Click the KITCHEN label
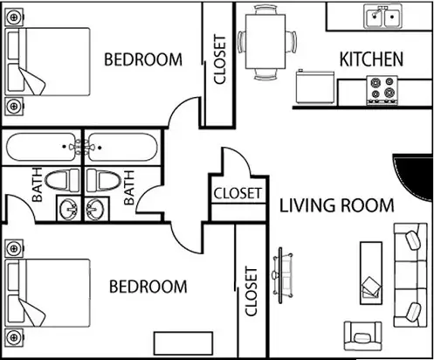[371, 59]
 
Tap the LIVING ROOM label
[337, 205]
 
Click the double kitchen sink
[383, 17]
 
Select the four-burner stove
[382, 90]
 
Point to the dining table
[265, 42]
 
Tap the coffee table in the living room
[371, 273]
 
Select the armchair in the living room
[362, 336]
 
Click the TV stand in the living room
[281, 275]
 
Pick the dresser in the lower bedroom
[183, 343]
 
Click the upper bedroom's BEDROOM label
[143, 59]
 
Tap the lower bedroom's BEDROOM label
[148, 287]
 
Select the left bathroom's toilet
[62, 180]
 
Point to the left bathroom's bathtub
[43, 147]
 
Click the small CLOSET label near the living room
[238, 193]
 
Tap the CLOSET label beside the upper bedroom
[220, 59]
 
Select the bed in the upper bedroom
[47, 61]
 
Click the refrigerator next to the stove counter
[315, 87]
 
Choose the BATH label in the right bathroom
[129, 188]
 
